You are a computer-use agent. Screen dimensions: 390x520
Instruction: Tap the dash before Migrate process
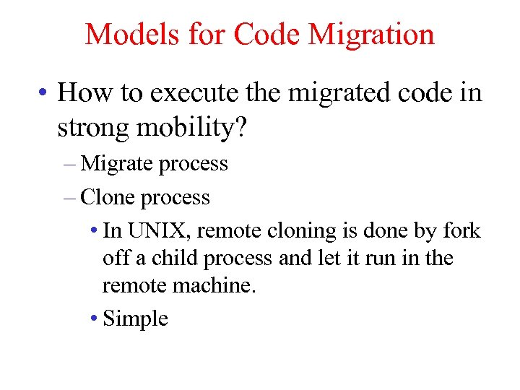click(69, 165)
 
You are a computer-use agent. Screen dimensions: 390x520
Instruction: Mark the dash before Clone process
click(69, 198)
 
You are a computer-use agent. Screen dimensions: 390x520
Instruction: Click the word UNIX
click(157, 231)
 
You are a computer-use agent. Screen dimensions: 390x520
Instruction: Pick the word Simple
click(136, 318)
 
